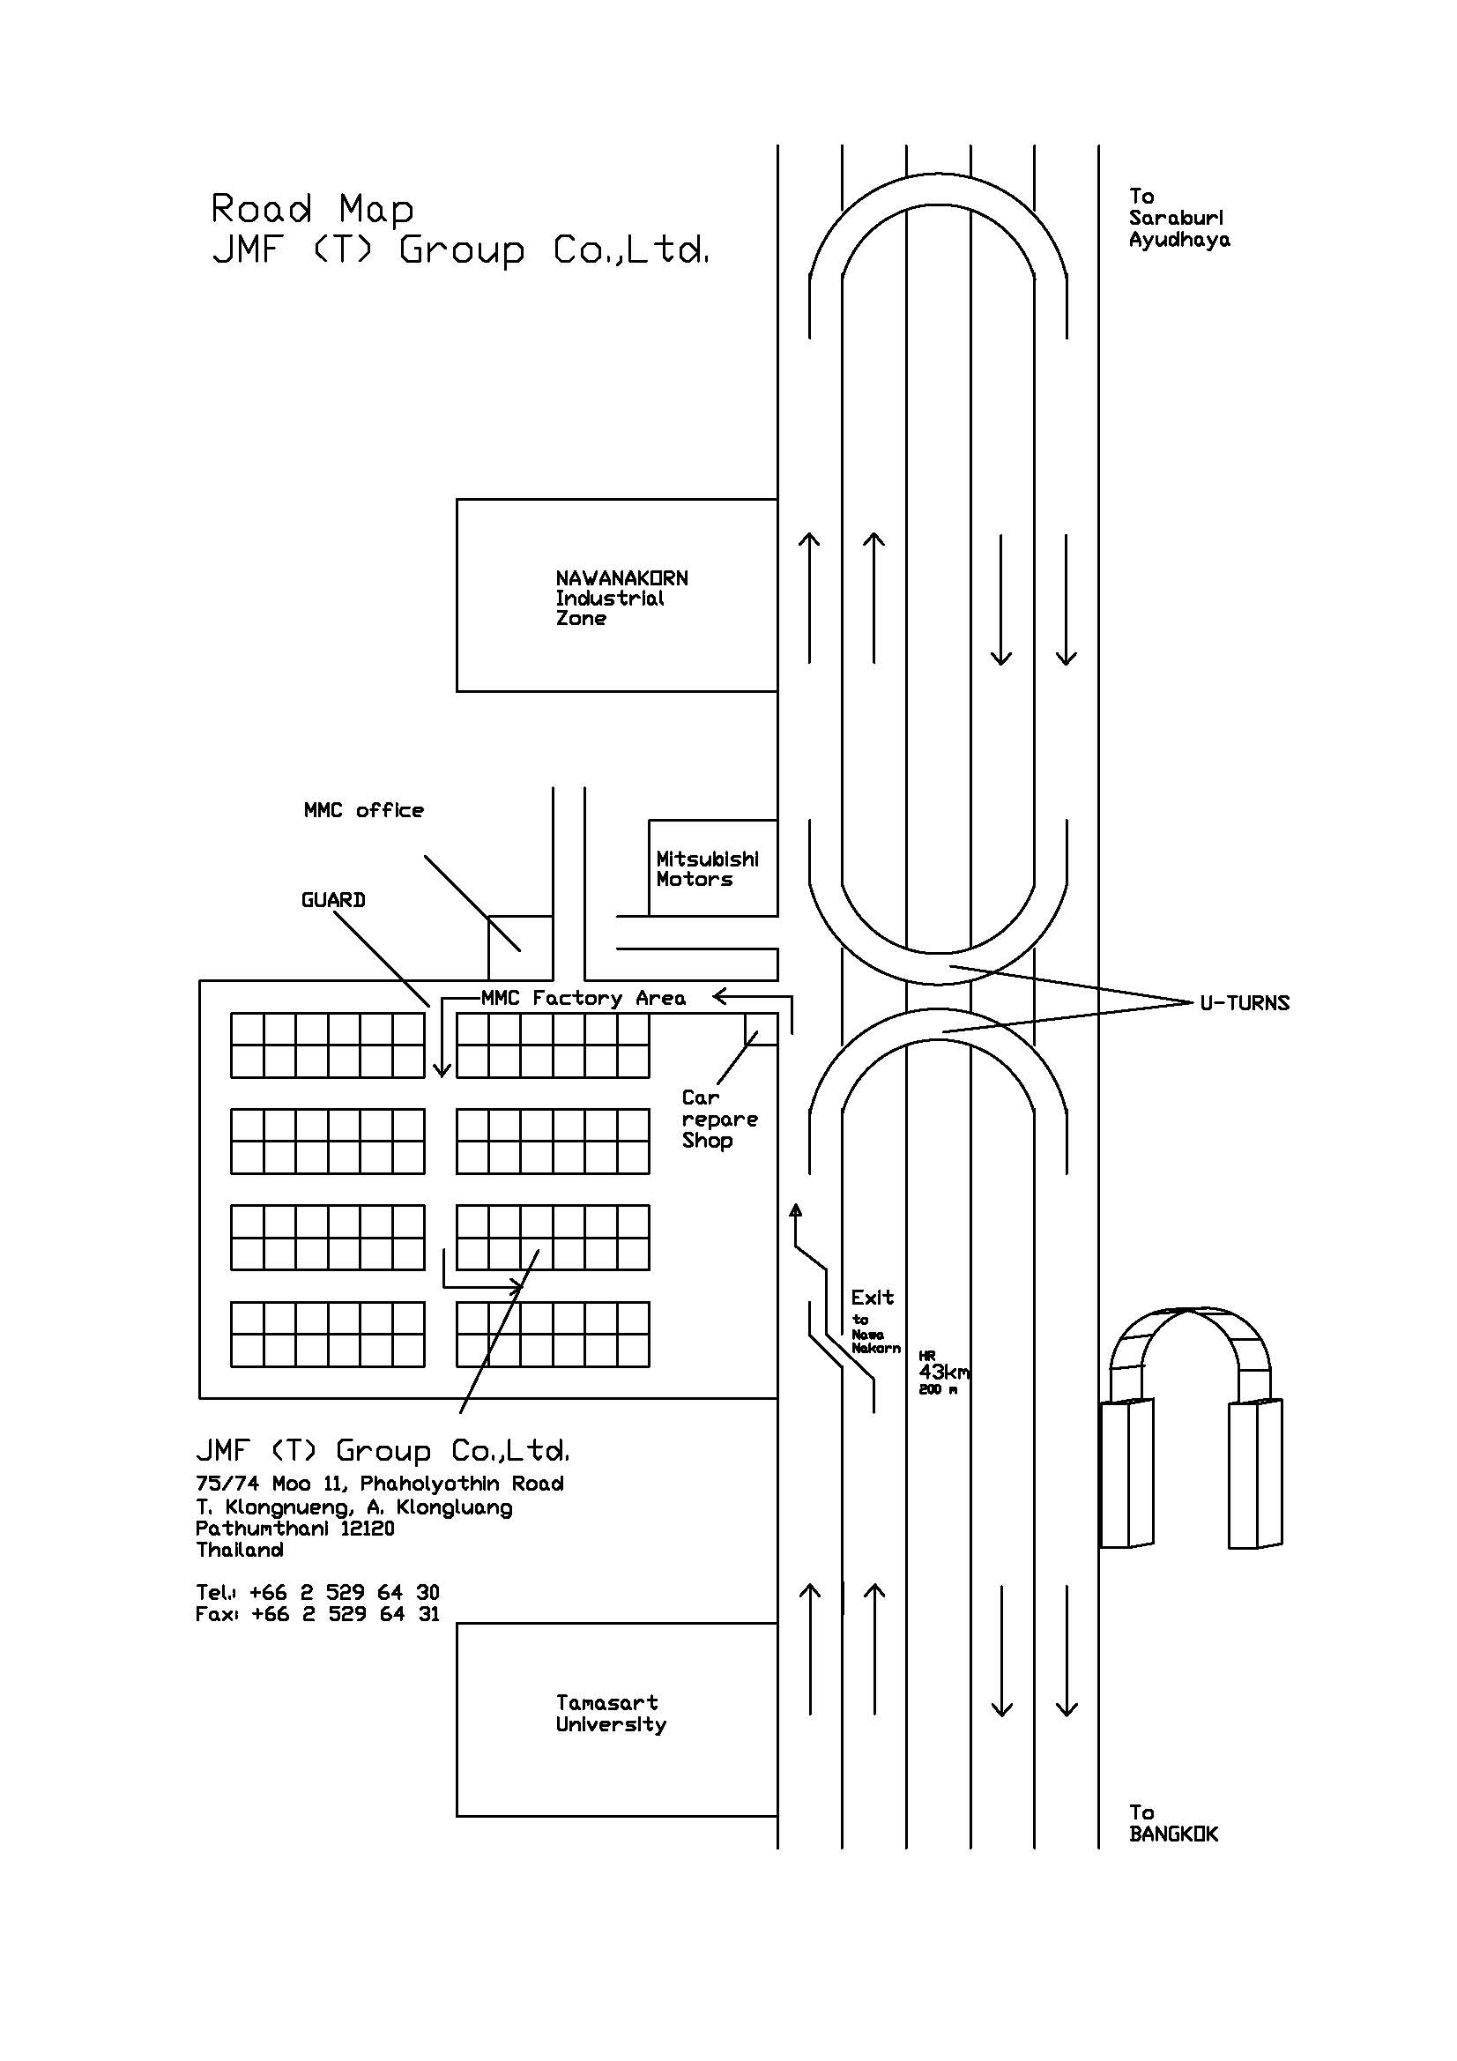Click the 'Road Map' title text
pyautogui.click(x=312, y=208)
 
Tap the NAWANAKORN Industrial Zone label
pyautogui.click(x=621, y=598)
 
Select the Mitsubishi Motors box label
pyautogui.click(x=708, y=869)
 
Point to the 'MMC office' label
pyautogui.click(x=363, y=811)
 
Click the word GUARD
pyautogui.click(x=333, y=900)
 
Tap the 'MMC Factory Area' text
pyautogui.click(x=584, y=998)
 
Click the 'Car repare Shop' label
pyautogui.click(x=720, y=1120)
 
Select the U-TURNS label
pyautogui.click(x=1245, y=1003)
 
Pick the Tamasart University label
pyautogui.click(x=611, y=1714)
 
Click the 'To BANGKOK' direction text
pyautogui.click(x=1173, y=1823)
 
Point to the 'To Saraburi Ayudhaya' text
pyautogui.click(x=1179, y=218)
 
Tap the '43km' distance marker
pyautogui.click(x=943, y=1373)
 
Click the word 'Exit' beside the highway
pyautogui.click(x=873, y=1298)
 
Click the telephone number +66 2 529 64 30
pyautogui.click(x=345, y=1592)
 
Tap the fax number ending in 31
pyautogui.click(x=345, y=1614)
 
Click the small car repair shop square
pyautogui.click(x=762, y=1030)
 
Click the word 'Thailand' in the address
pyautogui.click(x=240, y=1551)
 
